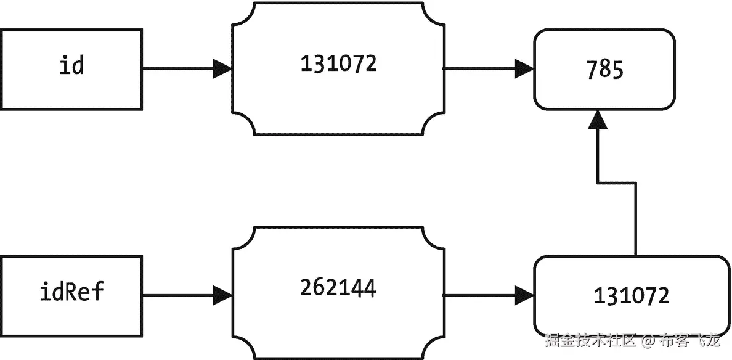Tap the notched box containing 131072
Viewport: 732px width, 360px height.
click(338, 68)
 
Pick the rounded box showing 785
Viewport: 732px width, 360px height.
click(604, 69)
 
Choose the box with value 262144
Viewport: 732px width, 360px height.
click(338, 292)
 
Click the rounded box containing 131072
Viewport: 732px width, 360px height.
click(630, 296)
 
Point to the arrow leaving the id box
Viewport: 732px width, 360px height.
click(179, 68)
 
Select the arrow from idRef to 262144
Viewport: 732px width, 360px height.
click(179, 295)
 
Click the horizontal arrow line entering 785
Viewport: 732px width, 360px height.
click(481, 68)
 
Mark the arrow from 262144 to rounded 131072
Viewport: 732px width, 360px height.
click(481, 295)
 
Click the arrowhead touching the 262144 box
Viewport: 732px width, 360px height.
click(222, 295)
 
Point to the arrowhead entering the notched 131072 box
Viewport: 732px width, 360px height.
click(222, 68)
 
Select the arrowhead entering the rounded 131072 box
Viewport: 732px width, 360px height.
click(525, 295)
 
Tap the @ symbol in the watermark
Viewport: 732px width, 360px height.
click(648, 340)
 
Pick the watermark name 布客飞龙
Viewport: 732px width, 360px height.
click(689, 340)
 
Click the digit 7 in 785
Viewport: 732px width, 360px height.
click(593, 70)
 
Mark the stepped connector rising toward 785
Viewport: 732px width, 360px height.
click(616, 182)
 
